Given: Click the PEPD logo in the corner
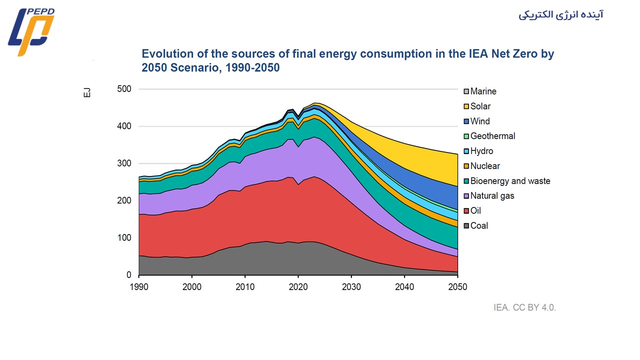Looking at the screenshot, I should pos(31,31).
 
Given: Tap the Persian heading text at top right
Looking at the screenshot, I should pos(560,14).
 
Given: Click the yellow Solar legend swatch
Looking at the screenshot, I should pos(466,106).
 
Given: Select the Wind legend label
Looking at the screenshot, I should pos(480,121).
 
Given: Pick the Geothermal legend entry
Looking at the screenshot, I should pos(492,136).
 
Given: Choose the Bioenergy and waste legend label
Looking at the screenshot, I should pos(510,181).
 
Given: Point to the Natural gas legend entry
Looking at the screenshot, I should pos(492,196).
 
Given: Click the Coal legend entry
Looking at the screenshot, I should pos(479,225).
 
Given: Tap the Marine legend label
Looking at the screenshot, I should pos(483,91).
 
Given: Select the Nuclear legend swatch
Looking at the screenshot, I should pos(466,166).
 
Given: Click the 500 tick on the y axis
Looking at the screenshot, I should pos(124,89).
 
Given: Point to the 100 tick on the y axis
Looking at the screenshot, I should pos(124,237).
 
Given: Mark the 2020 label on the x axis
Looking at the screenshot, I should pos(298,287).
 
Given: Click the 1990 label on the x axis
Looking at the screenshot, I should pos(139,287).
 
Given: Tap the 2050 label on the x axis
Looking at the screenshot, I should pos(457,287).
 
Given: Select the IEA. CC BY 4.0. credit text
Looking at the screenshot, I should pos(524,307).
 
